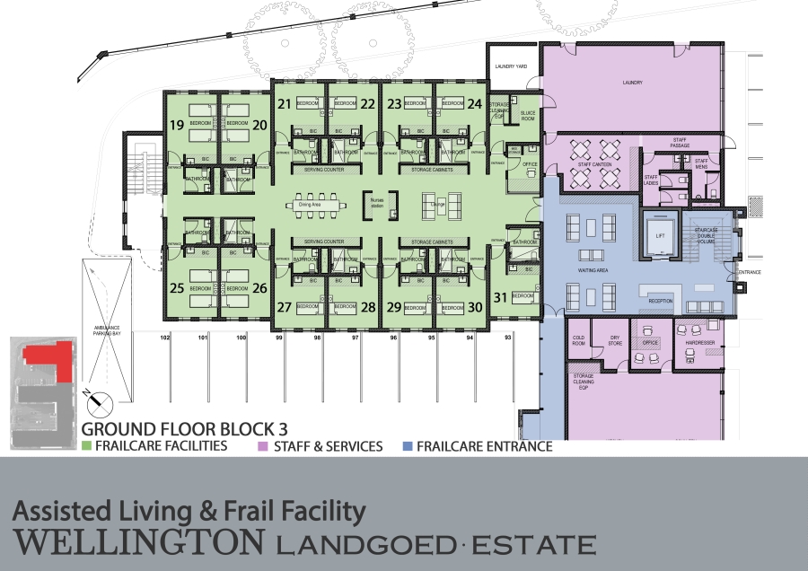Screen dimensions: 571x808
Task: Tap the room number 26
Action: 259,288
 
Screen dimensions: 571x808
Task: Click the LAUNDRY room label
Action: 633,83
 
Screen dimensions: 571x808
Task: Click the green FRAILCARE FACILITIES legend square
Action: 87,445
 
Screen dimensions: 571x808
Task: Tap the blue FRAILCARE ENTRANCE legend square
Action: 408,445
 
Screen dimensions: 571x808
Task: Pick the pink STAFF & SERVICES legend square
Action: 263,445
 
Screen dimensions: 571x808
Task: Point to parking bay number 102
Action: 165,338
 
